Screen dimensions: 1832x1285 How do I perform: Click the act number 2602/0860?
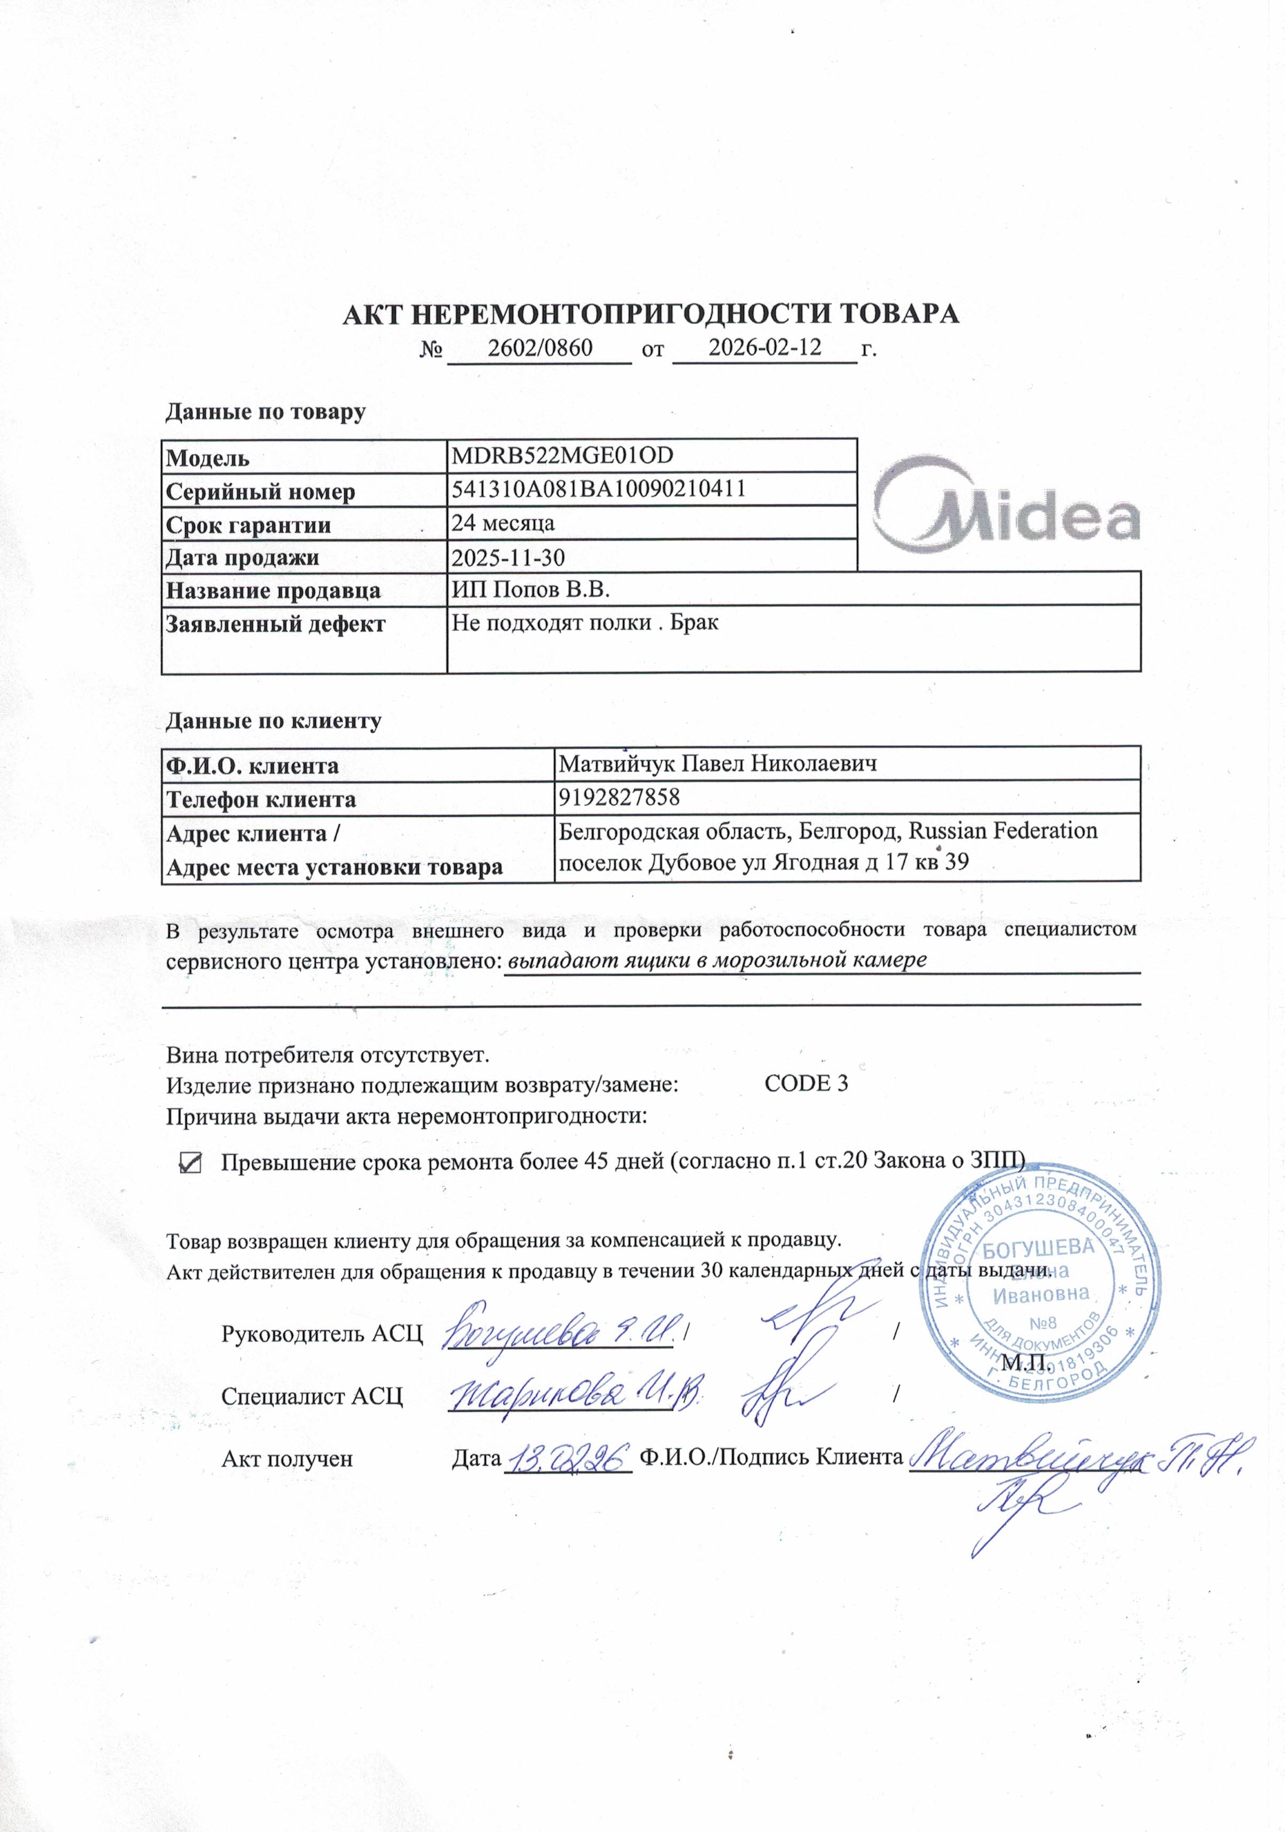(x=539, y=348)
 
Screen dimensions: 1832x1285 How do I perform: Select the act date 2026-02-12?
(x=764, y=347)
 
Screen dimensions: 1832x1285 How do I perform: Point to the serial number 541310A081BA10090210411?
(x=598, y=488)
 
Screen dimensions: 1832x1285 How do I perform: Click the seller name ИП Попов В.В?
(x=531, y=590)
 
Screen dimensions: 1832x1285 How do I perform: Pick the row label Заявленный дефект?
(x=275, y=624)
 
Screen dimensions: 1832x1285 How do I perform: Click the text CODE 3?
(x=806, y=1083)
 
